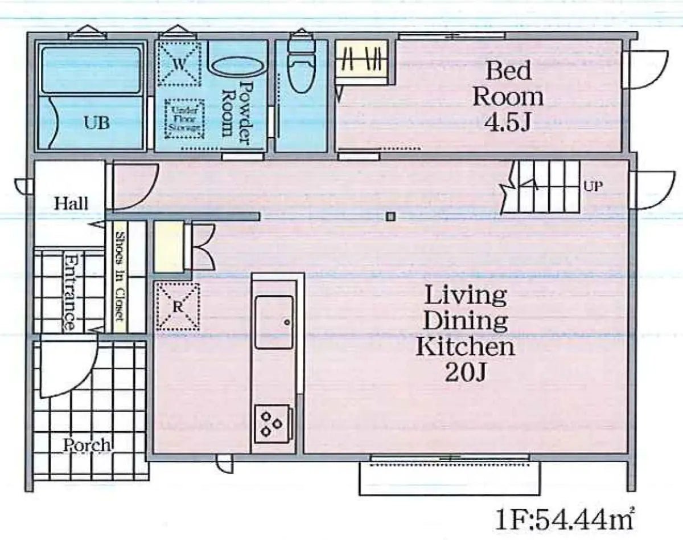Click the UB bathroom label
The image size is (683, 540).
[97, 122]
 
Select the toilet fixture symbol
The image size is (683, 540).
[301, 66]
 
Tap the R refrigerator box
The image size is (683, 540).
[178, 306]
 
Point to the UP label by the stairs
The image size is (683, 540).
[593, 186]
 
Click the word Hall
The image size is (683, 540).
[71, 203]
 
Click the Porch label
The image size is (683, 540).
[87, 445]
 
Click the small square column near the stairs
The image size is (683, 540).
[390, 216]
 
